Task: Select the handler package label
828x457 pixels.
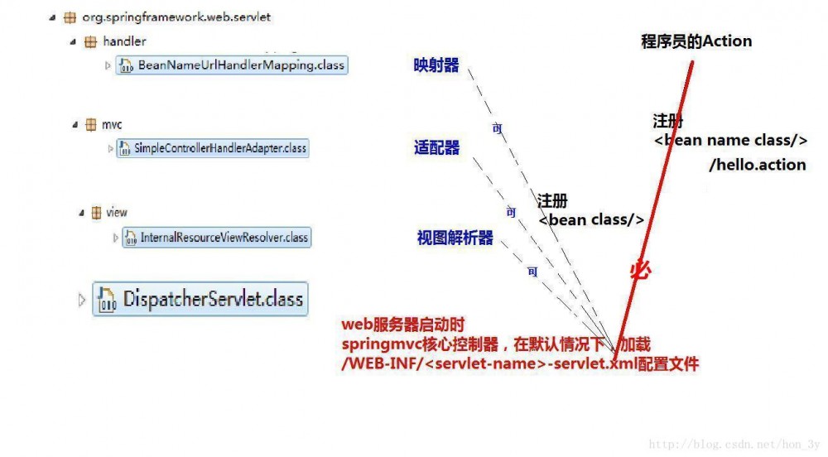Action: [124, 41]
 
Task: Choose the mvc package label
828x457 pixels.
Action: [112, 124]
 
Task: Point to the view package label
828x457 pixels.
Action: [117, 213]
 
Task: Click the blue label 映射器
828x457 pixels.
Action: [436, 65]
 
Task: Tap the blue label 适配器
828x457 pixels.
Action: [436, 148]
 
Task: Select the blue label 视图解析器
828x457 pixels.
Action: [455, 238]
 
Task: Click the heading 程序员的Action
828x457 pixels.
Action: [696, 41]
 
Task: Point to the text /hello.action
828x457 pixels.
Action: [757, 165]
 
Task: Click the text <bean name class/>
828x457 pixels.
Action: [730, 141]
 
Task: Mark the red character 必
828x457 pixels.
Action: [640, 271]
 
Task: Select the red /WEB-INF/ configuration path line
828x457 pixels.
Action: [520, 363]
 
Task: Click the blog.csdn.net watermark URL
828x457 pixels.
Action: [734, 445]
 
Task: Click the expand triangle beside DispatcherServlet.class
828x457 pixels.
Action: [81, 300]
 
